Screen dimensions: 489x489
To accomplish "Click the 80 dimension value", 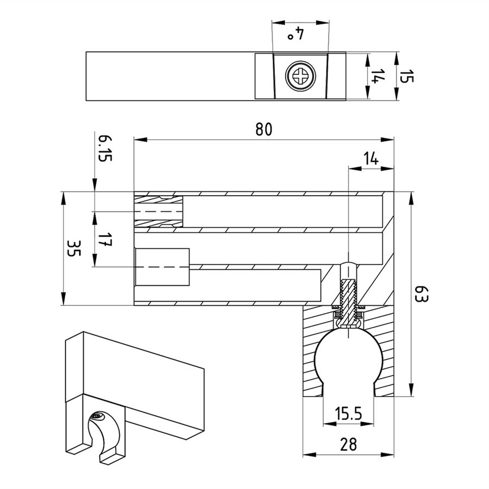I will [x=264, y=129].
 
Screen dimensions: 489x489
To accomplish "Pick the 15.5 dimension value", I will [x=348, y=414].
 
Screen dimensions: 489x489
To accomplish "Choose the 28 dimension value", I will [x=348, y=444].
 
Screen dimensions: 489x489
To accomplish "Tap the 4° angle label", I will [x=295, y=35].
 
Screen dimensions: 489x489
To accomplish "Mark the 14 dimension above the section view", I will [x=371, y=159].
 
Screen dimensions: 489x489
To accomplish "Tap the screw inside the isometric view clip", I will [x=97, y=417].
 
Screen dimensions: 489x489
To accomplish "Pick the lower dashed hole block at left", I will [x=162, y=267].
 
